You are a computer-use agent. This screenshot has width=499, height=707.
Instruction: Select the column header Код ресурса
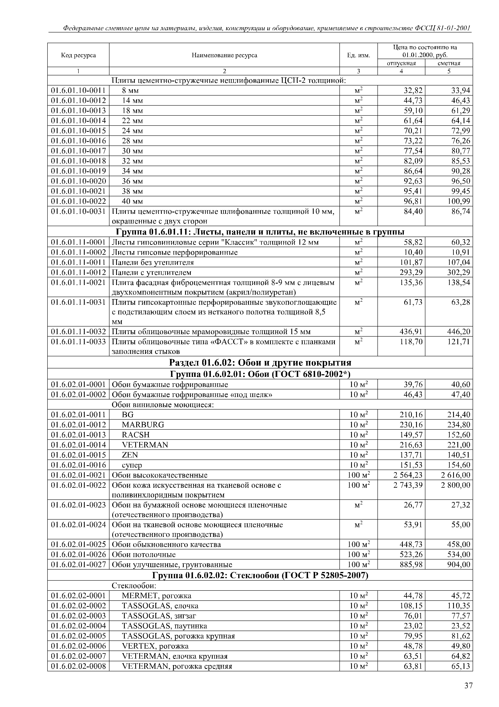pyautogui.click(x=78, y=55)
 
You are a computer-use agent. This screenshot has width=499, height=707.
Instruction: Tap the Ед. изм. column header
pyautogui.click(x=359, y=55)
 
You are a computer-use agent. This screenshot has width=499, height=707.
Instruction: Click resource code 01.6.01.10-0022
pyautogui.click(x=78, y=201)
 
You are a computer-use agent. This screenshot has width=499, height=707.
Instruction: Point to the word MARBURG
pyautogui.click(x=143, y=425)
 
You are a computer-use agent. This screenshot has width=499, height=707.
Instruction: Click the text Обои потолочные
pyautogui.click(x=144, y=555)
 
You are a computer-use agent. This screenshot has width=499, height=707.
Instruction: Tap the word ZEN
pyautogui.click(x=130, y=455)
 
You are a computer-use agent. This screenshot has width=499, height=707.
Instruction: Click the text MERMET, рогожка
pyautogui.click(x=157, y=596)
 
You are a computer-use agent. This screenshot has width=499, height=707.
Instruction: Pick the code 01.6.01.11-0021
pyautogui.click(x=78, y=282)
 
